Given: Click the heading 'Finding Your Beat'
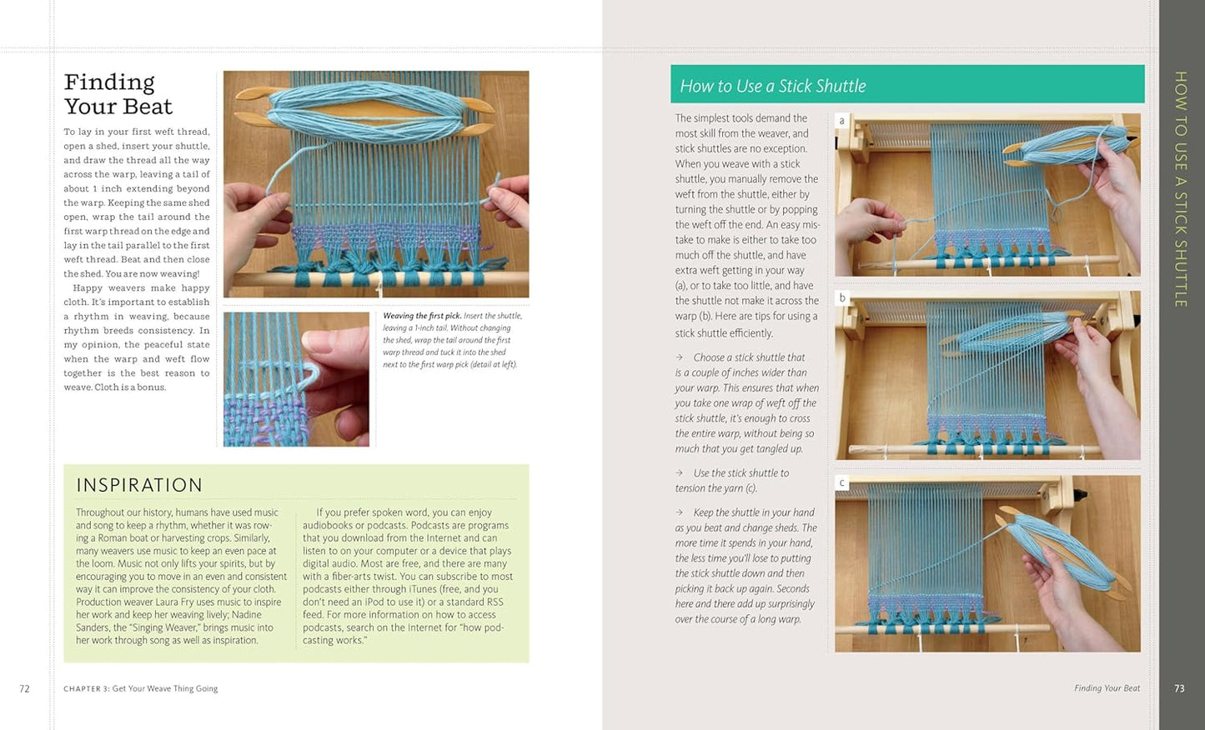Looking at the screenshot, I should point(118,94).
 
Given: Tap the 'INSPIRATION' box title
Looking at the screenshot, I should point(139,485).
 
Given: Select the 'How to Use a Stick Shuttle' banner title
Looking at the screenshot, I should point(772,86).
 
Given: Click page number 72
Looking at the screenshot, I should point(24,688).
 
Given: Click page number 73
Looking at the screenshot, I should point(1179,688).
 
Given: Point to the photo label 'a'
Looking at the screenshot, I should point(841,121).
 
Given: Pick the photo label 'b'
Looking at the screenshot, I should point(841,298).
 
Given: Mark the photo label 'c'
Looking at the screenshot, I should point(841,483).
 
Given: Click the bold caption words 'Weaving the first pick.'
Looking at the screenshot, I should point(421,317).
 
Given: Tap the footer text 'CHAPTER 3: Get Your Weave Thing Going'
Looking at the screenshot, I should point(140,688).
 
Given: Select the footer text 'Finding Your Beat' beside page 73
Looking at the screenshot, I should point(1107,688).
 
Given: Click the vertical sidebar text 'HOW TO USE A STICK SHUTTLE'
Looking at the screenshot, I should point(1180,189).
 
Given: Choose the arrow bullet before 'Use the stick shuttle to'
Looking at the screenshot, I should point(680,473).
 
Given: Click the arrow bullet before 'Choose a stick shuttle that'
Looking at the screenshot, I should point(680,357).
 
